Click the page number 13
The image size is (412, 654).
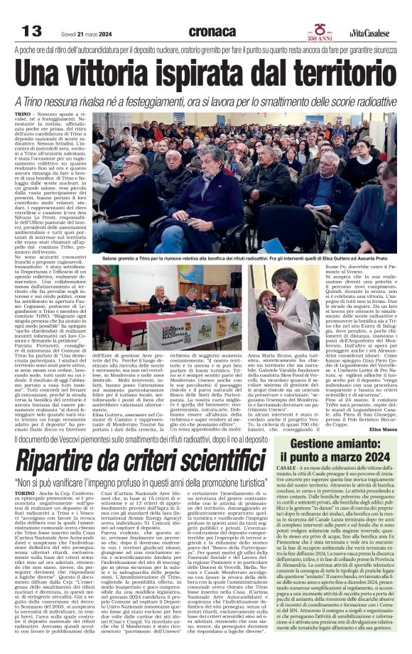(32, 31)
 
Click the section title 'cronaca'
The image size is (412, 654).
(213, 31)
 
